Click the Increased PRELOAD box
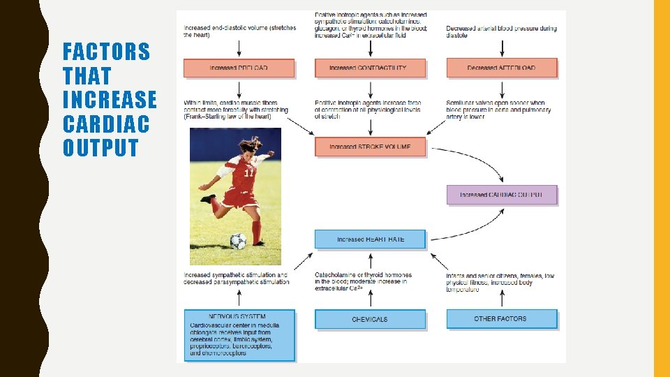[x=239, y=68]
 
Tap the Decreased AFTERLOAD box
[x=502, y=68]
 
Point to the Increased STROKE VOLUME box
[x=369, y=147]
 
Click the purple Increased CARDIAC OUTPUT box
[x=502, y=195]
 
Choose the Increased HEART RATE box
[x=370, y=239]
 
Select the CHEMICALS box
[x=370, y=319]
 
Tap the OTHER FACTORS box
[x=502, y=319]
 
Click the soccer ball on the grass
[x=238, y=241]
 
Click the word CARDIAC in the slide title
[x=106, y=124]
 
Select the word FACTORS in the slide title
[x=106, y=51]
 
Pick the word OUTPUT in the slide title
[x=100, y=148]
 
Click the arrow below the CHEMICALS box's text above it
[x=370, y=300]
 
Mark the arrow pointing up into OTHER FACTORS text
[x=502, y=300]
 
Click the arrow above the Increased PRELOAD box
[x=239, y=47]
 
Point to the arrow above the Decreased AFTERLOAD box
[x=502, y=47]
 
